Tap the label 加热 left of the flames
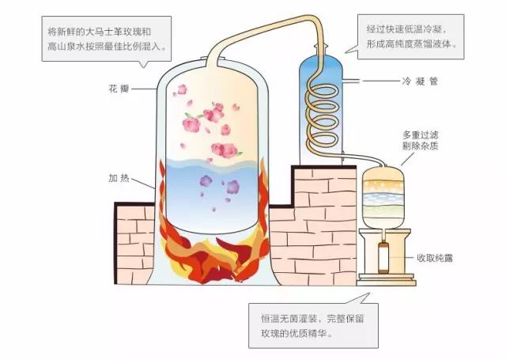[x=119, y=178]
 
